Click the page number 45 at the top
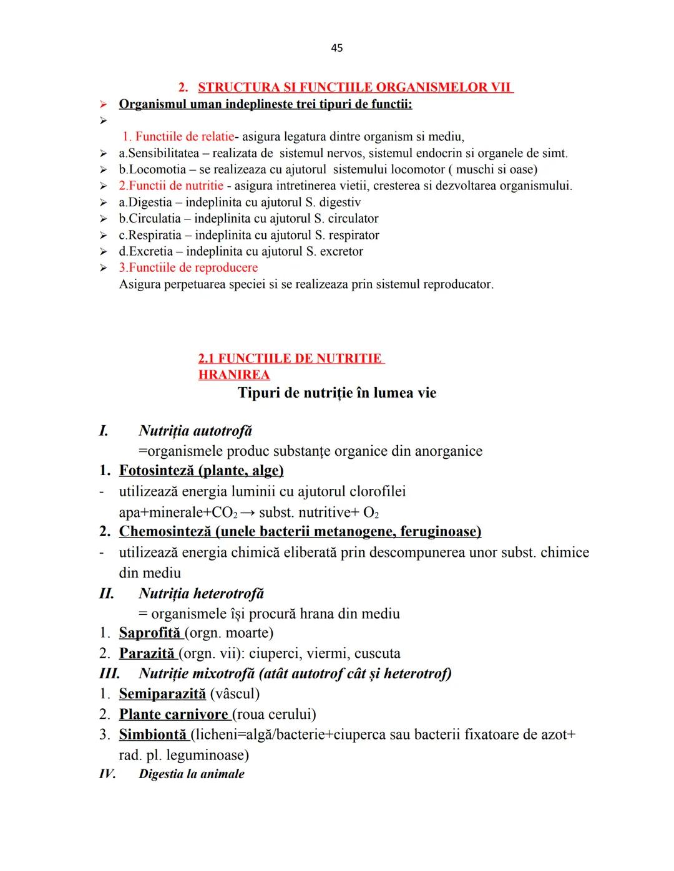pos(336,48)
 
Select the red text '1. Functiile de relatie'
pos(178,137)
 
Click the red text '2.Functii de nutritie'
pos(171,185)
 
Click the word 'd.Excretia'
pos(145,251)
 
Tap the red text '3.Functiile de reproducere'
pos(188,267)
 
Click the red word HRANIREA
pos(234,375)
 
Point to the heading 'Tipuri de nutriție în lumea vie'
pos(337,393)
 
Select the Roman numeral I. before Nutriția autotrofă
pos(104,431)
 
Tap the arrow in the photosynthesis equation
pos(248,512)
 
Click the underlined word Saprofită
pos(150,633)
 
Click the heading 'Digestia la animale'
pos(192,774)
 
